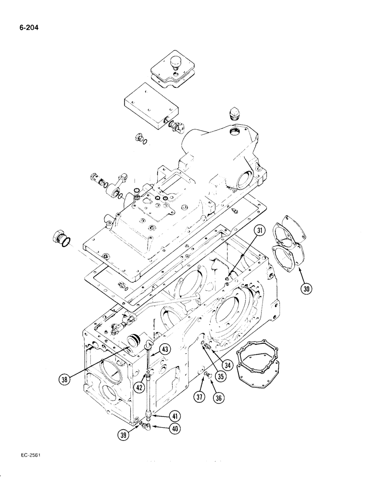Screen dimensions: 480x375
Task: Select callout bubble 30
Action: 306,289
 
